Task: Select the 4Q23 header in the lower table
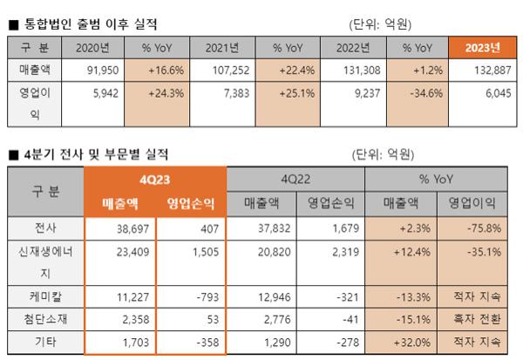click(x=156, y=179)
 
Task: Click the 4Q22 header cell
click(x=295, y=179)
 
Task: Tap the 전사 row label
click(x=46, y=228)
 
